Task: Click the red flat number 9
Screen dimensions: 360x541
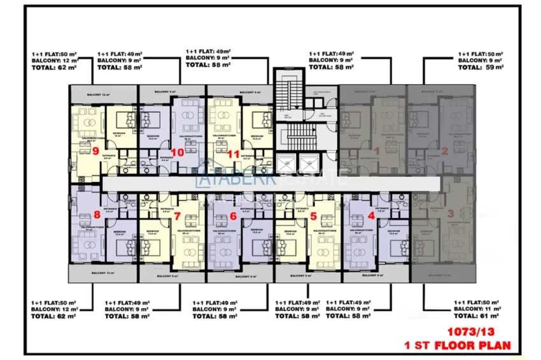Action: click(x=95, y=151)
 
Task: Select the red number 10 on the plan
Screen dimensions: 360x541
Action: click(x=178, y=153)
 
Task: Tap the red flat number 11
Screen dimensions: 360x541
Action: click(x=233, y=153)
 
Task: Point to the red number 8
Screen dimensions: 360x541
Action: click(x=97, y=215)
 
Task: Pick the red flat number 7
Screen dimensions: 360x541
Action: click(x=178, y=216)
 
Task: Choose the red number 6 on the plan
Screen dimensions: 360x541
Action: click(x=233, y=216)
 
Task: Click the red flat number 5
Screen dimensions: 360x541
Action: click(x=313, y=216)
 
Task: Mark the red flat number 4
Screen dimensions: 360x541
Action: click(x=372, y=216)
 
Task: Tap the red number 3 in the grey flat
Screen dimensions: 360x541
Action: click(x=451, y=216)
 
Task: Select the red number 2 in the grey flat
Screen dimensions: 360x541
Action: click(x=445, y=151)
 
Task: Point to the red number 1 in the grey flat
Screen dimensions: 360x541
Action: click(x=377, y=151)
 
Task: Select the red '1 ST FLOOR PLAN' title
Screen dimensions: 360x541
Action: click(x=458, y=345)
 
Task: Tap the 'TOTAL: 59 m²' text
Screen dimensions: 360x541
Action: click(x=481, y=66)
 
